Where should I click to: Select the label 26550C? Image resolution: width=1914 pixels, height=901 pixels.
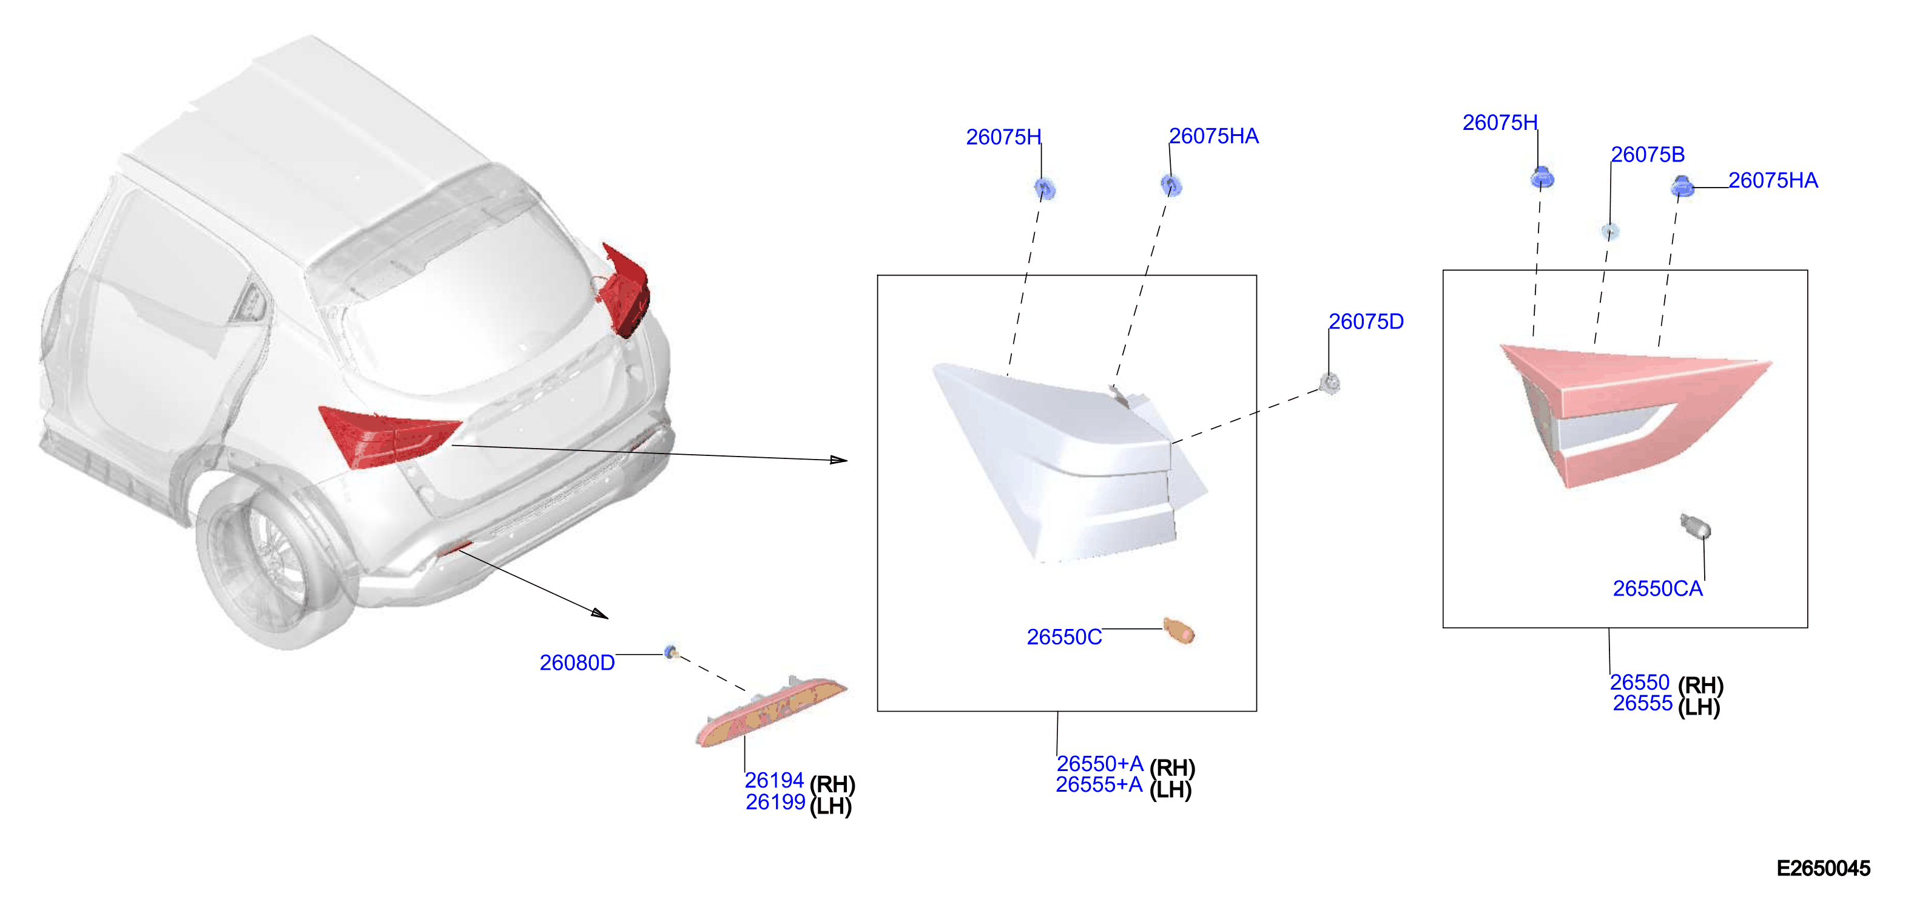pos(1064,637)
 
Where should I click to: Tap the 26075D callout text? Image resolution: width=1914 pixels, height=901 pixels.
pos(1366,322)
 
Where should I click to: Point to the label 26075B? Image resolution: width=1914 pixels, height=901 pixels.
pos(1647,155)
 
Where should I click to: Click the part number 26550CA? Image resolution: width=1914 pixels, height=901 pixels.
pos(1657,589)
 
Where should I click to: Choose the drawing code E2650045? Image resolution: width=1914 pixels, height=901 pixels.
pos(1824,868)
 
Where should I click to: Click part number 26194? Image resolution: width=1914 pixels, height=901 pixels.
pos(774,781)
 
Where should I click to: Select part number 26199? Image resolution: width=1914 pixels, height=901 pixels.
pos(776,802)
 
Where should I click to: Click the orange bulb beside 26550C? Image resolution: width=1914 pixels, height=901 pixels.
pos(1179,630)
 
